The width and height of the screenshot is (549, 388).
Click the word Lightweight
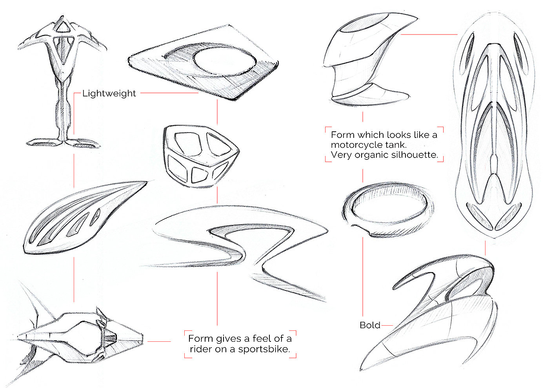point(109,93)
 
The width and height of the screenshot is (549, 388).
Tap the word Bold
point(370,325)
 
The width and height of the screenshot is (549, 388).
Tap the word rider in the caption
point(200,349)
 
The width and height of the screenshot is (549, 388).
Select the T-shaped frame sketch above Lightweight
point(63,78)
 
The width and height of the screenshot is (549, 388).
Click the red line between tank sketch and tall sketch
point(429,34)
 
